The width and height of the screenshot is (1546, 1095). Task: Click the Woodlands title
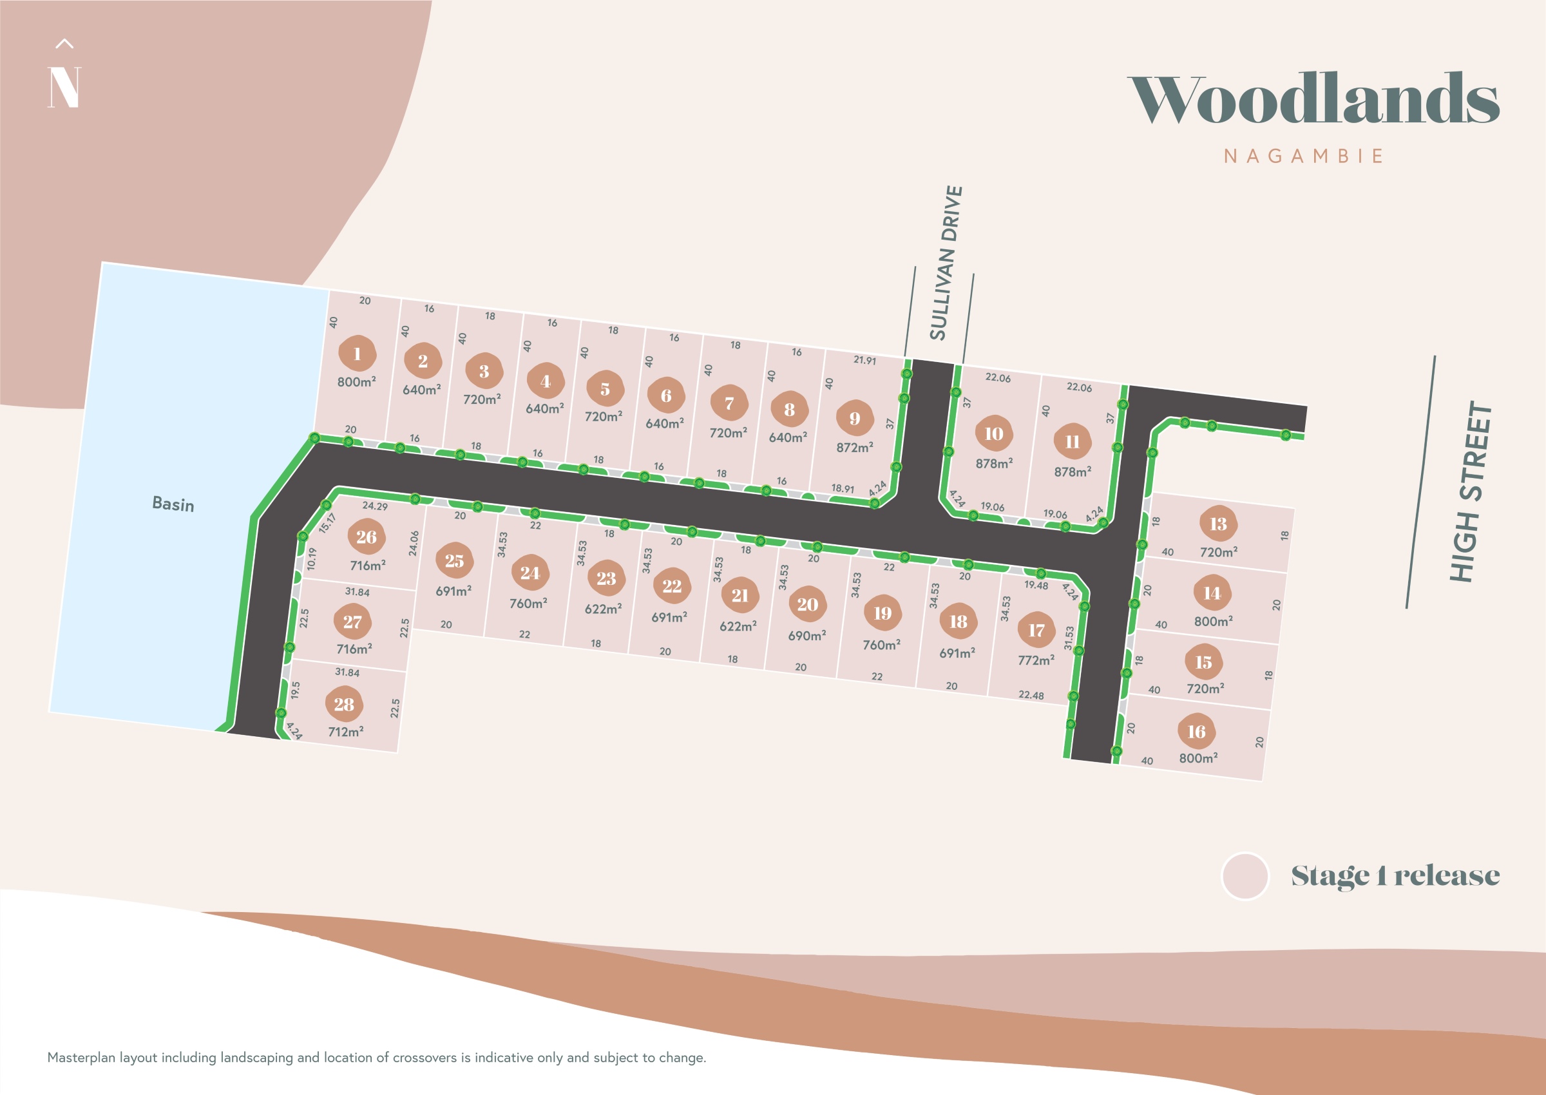coord(1313,99)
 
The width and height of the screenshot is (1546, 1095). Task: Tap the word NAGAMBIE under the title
coord(1303,157)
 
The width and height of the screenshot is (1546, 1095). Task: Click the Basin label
coord(173,504)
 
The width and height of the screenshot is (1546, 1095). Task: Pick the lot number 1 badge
coord(357,354)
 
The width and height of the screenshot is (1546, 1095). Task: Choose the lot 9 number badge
coord(854,419)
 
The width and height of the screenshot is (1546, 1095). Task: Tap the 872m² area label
coord(854,447)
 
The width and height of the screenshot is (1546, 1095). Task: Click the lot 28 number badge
coord(344,705)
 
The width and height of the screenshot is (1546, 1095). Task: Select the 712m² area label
coord(345,732)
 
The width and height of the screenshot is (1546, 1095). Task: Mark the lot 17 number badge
coord(1036,631)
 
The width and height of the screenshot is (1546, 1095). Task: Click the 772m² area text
coord(1036,660)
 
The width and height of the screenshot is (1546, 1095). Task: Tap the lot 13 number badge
coord(1217,524)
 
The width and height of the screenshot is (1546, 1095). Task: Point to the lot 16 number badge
coord(1196,732)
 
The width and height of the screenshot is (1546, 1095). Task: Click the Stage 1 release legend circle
coord(1245,876)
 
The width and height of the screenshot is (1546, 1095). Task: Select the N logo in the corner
coord(64,86)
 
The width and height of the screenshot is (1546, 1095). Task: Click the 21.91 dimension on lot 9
coord(864,360)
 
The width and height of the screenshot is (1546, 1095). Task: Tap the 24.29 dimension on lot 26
coord(375,506)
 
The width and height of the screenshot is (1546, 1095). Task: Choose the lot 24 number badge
coord(530,573)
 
